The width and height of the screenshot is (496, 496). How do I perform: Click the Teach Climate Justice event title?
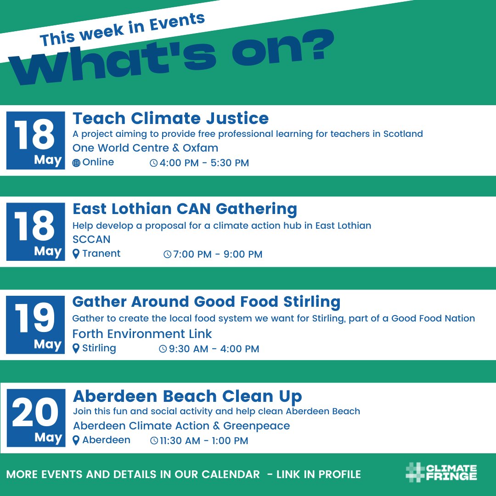(170, 118)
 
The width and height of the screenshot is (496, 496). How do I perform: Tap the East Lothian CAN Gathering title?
(185, 209)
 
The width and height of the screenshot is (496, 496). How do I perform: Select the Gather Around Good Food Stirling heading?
(206, 302)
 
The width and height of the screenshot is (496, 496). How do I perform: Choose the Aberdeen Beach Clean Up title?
(187, 396)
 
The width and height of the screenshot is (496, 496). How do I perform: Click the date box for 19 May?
(35, 325)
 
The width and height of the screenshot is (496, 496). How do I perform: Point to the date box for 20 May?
(35, 418)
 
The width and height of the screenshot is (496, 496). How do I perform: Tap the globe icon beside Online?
(76, 163)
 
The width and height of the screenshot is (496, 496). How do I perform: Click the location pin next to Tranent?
(76, 254)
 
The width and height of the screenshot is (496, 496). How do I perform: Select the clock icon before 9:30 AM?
(163, 349)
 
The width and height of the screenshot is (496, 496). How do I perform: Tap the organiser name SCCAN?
(91, 239)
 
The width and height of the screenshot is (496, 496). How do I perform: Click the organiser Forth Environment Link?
(142, 333)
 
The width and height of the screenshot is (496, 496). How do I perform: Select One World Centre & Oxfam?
(145, 148)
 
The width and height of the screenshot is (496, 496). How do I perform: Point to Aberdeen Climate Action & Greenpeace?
(181, 426)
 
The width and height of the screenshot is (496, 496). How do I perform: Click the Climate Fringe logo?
(441, 473)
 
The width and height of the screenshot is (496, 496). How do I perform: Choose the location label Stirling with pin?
(95, 348)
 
